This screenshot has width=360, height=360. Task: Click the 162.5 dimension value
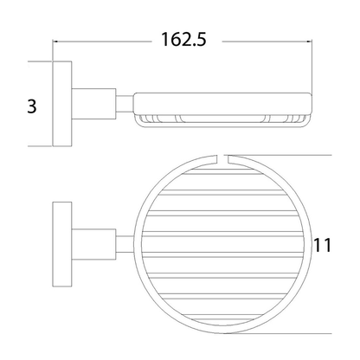[183, 40]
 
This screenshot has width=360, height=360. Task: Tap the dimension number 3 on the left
[32, 106]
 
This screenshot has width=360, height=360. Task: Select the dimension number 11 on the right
[323, 246]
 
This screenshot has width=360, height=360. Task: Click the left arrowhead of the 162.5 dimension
[55, 42]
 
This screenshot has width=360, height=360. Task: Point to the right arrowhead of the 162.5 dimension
[309, 42]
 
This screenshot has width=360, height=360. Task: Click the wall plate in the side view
[62, 104]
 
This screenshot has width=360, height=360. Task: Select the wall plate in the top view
[62, 244]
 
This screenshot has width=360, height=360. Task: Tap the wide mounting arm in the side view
[93, 104]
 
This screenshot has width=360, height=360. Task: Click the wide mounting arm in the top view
[93, 244]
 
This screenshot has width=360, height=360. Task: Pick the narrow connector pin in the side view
[125, 104]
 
